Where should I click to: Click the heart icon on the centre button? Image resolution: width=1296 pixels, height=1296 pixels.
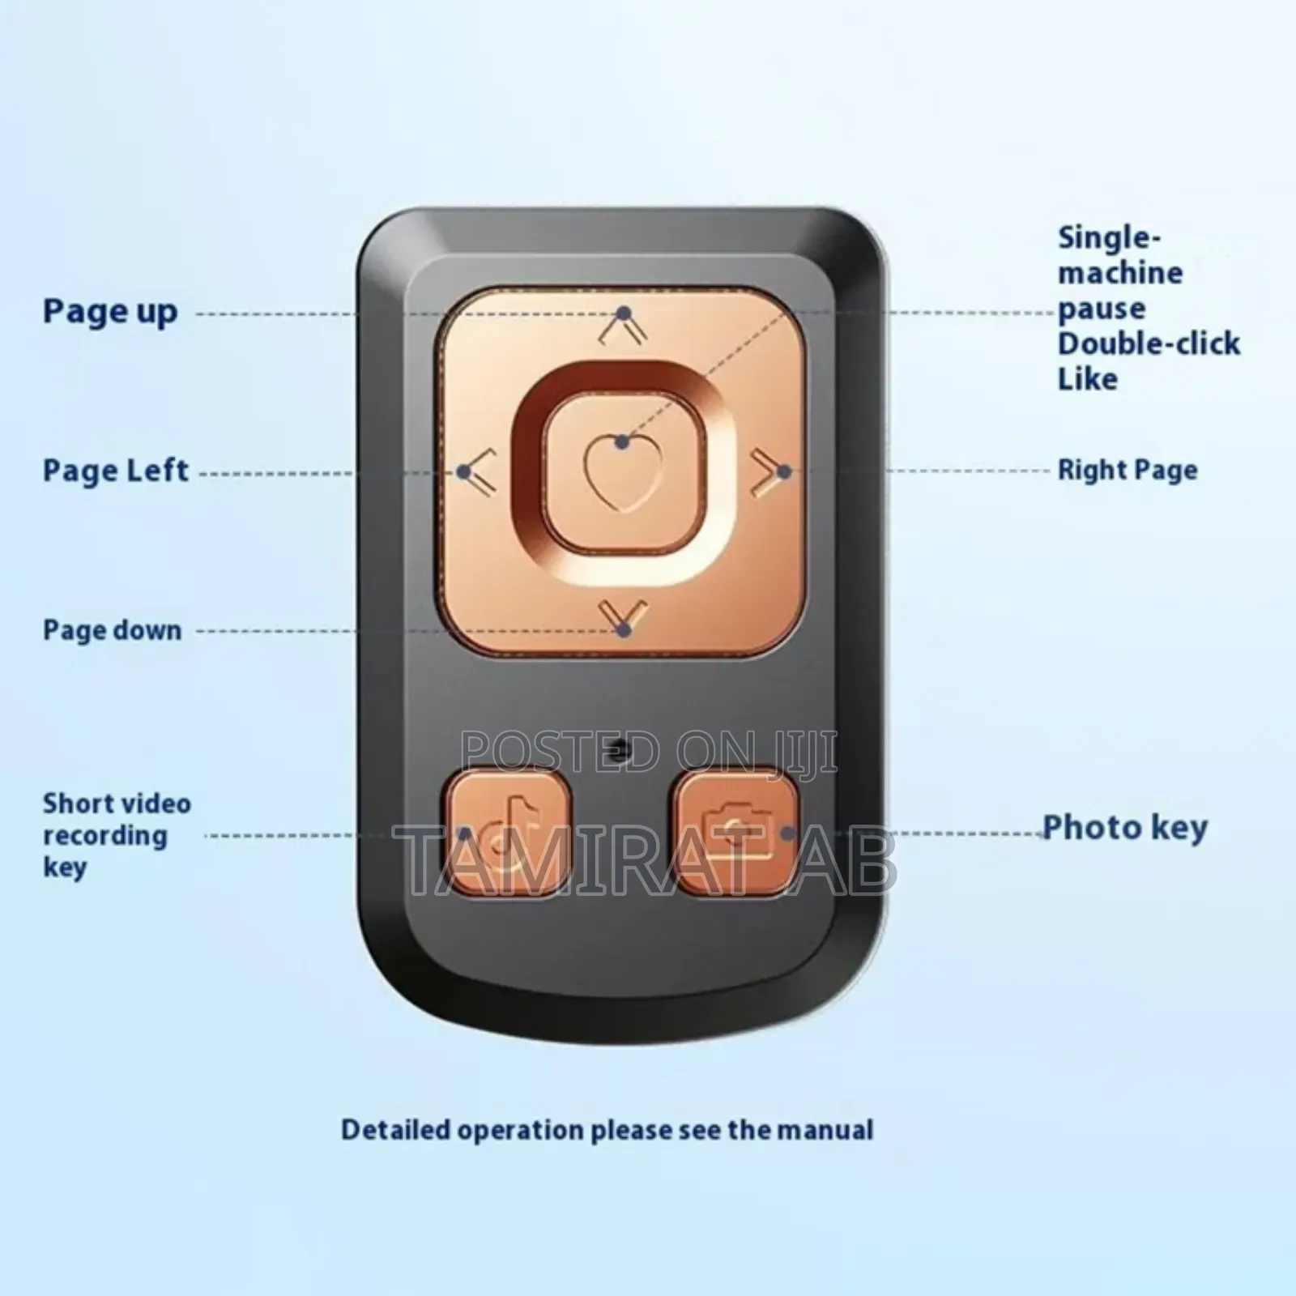click(x=622, y=471)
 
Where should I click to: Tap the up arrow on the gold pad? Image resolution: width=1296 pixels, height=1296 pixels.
click(x=623, y=327)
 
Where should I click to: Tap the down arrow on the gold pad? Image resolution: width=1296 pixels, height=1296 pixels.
click(x=623, y=616)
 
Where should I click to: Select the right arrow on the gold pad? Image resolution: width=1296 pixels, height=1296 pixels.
click(x=766, y=471)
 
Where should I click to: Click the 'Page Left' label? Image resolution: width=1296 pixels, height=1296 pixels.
click(x=115, y=471)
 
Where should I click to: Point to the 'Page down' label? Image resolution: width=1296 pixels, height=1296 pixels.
click(x=112, y=630)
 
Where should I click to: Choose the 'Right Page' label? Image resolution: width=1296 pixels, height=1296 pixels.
click(x=1128, y=471)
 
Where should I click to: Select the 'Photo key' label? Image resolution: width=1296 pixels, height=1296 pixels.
click(x=1124, y=827)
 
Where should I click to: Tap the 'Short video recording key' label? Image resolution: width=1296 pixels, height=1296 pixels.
click(x=117, y=835)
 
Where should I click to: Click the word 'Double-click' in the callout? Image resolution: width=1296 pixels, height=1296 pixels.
click(x=1149, y=343)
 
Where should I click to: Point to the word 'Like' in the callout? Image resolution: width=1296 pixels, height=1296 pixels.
click(x=1087, y=379)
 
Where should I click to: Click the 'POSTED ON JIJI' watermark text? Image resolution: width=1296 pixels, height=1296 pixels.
click(x=648, y=752)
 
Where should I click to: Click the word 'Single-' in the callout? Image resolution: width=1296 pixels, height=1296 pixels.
click(x=1108, y=237)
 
